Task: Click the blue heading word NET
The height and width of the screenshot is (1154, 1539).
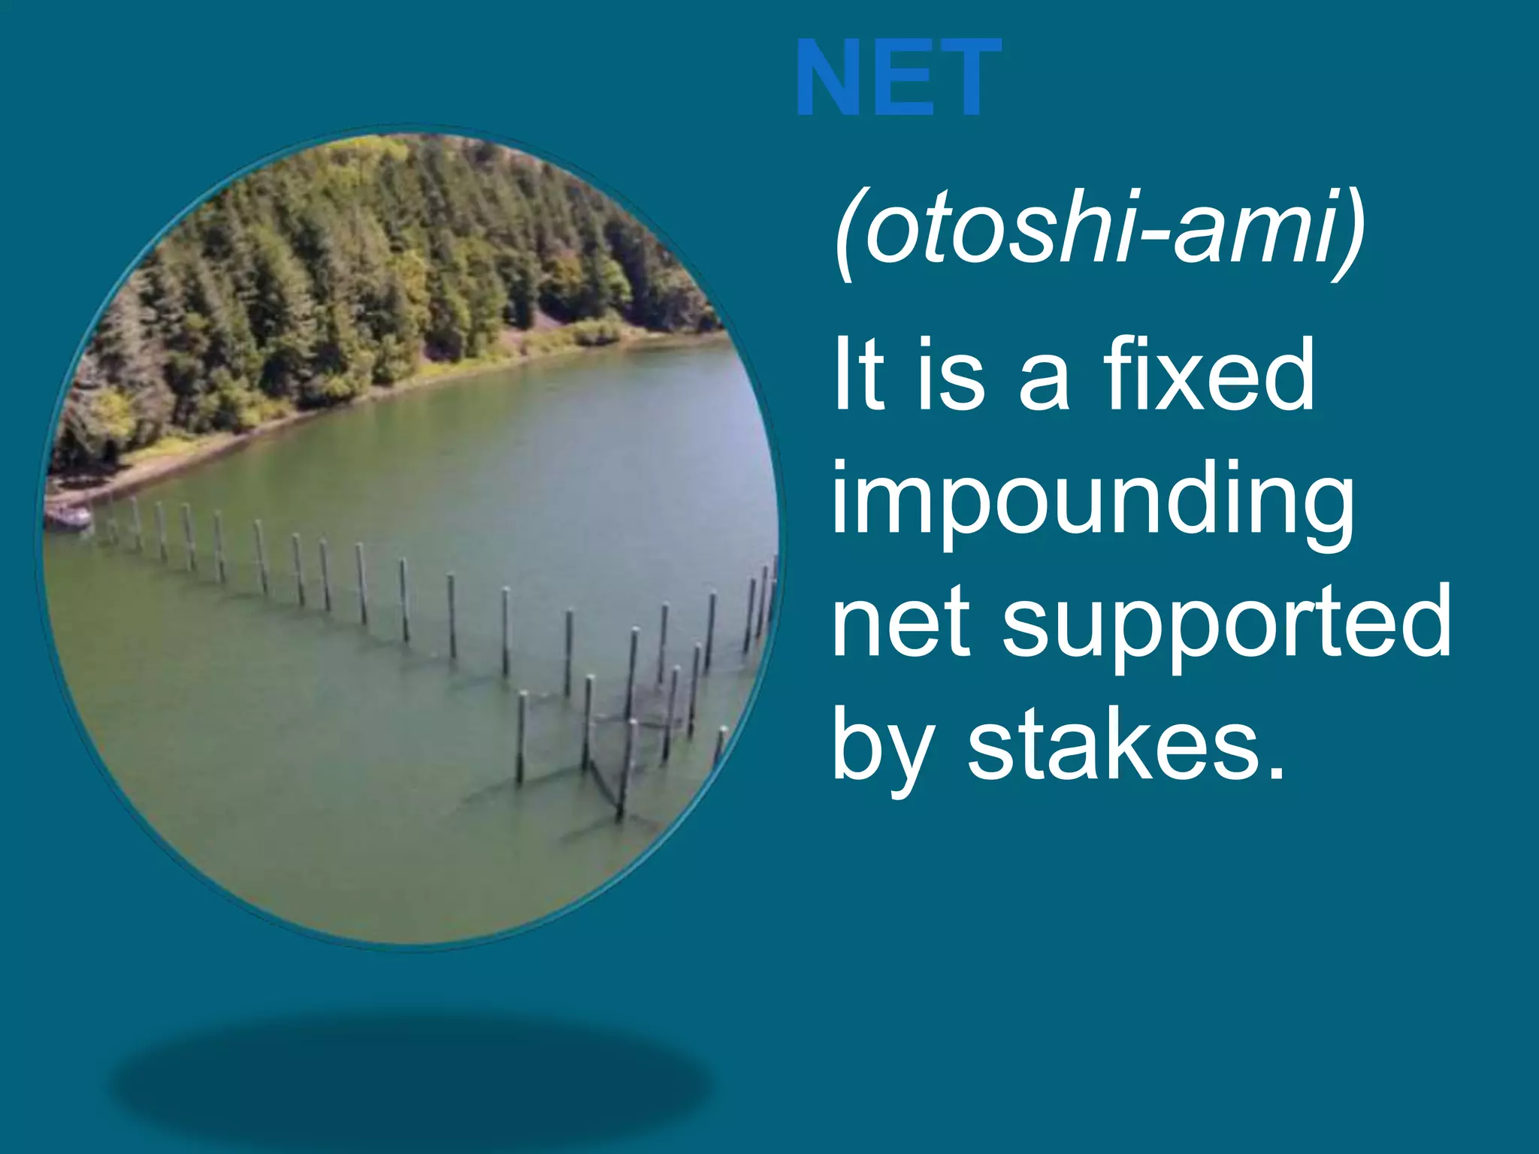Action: pyautogui.click(x=898, y=78)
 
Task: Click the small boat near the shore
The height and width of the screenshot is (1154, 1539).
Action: pyautogui.click(x=68, y=517)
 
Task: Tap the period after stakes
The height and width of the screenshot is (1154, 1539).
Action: pyautogui.click(x=1275, y=774)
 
